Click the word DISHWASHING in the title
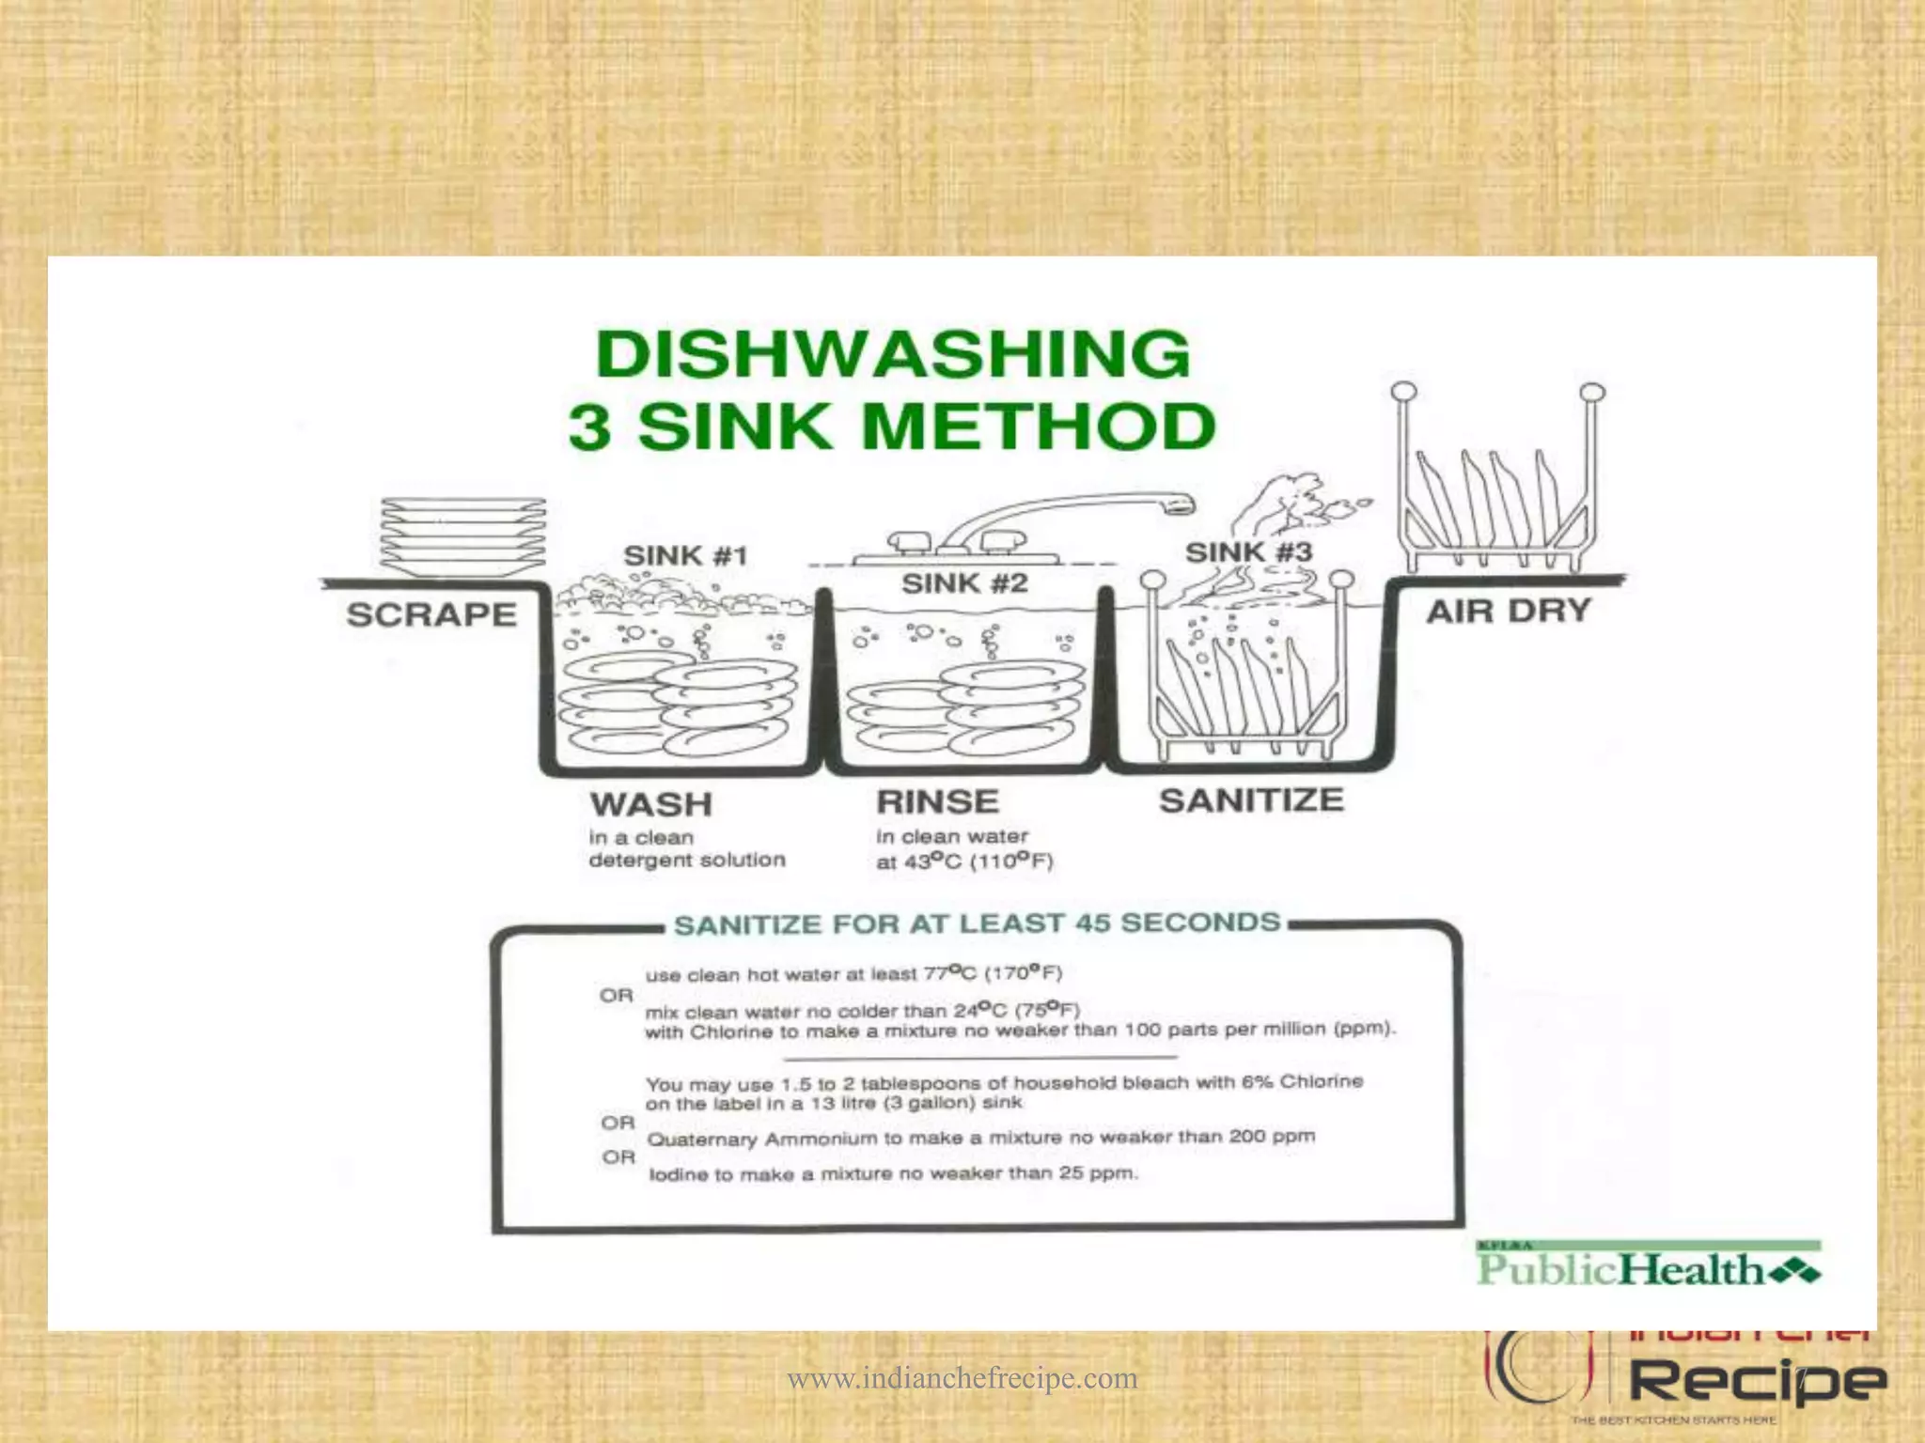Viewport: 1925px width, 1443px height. coord(893,355)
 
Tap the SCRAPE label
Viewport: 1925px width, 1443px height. coord(431,614)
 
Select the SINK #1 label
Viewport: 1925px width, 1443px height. coord(685,555)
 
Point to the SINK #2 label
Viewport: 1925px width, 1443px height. coord(964,583)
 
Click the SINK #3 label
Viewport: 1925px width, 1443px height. coord(1248,552)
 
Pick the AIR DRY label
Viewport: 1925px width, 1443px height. coord(1508,612)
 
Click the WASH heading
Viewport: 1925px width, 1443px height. coord(651,804)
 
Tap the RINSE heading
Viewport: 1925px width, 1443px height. coord(937,802)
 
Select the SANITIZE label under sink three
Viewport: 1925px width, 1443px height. coord(1251,800)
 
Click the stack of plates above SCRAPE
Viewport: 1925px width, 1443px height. coord(462,537)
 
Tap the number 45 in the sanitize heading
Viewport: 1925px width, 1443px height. coord(1093,923)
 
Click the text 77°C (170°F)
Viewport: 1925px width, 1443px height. coord(993,972)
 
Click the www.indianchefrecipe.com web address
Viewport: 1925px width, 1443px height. coord(962,1378)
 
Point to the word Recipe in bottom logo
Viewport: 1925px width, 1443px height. coord(1756,1381)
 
